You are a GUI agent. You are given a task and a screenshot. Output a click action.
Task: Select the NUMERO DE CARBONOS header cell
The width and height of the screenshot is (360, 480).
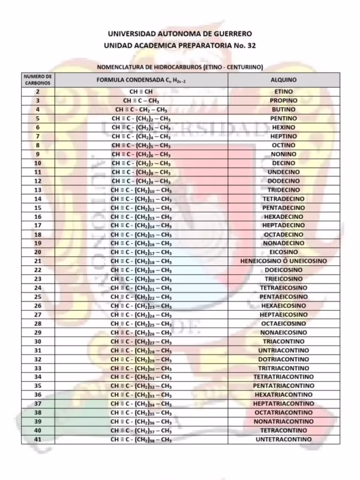pos(37,80)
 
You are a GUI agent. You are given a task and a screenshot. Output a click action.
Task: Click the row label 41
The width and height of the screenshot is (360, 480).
pos(37,440)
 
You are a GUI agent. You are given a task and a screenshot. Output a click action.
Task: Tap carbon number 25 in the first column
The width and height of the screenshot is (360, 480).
pos(37,296)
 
